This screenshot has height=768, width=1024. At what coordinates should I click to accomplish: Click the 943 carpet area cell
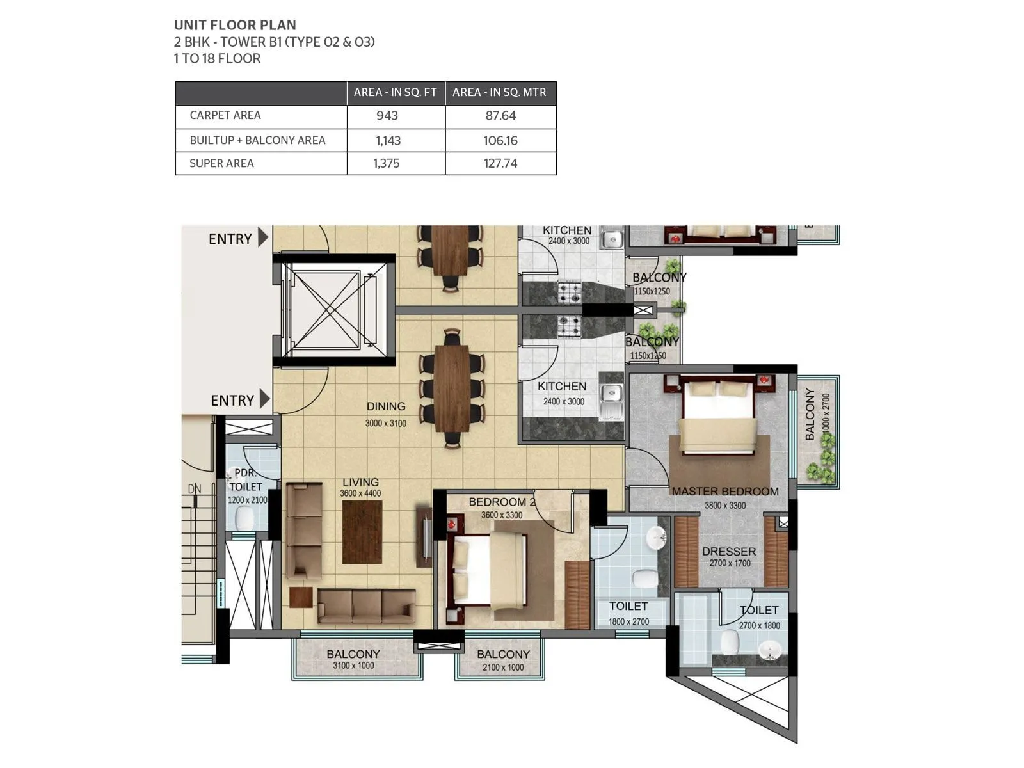pos(387,116)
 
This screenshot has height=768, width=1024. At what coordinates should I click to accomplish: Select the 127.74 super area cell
pos(500,163)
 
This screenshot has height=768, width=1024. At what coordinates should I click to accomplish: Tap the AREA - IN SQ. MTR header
pos(499,92)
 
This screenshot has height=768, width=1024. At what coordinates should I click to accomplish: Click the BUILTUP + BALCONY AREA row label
pos(257,140)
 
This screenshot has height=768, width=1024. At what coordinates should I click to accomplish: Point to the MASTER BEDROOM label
pos(725,492)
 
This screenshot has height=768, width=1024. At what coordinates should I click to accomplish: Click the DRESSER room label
pos(729,552)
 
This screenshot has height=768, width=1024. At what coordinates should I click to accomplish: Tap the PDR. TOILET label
pos(246,480)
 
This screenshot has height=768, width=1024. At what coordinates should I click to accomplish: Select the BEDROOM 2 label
pos(502,502)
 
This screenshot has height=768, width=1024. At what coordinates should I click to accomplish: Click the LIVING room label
pos(360,483)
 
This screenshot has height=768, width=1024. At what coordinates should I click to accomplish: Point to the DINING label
pos(386,406)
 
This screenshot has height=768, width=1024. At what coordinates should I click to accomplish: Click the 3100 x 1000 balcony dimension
pos(353,666)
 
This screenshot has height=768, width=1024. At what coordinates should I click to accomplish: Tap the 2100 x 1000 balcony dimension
pos(503,667)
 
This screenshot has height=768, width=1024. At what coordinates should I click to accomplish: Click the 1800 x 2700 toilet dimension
pos(628,621)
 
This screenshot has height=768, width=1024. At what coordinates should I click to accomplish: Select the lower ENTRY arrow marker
pos(264,399)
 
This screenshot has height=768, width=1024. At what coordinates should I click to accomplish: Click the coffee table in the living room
pos(362,532)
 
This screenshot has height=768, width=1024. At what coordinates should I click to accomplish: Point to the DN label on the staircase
pos(195,489)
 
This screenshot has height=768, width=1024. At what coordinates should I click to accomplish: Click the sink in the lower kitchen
pos(611,393)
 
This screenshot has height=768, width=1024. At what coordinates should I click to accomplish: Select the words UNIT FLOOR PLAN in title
pos(235,26)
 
